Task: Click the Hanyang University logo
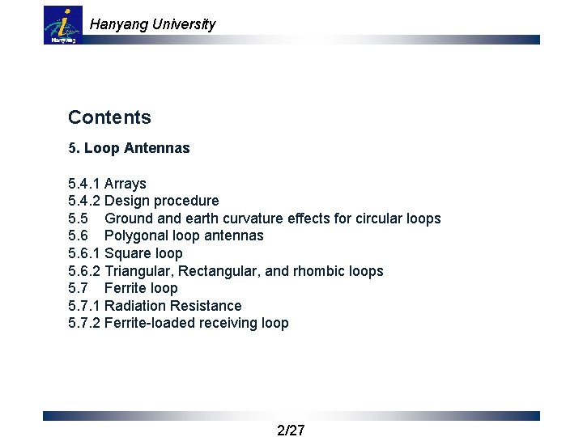63,25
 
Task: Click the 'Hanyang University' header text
152,24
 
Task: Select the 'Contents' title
109,117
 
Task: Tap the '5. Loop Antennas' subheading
129,148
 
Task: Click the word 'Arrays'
126,184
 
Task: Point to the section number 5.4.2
84,201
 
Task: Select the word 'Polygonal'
137,235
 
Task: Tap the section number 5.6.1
84,253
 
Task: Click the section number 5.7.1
84,306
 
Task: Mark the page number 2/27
291,430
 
